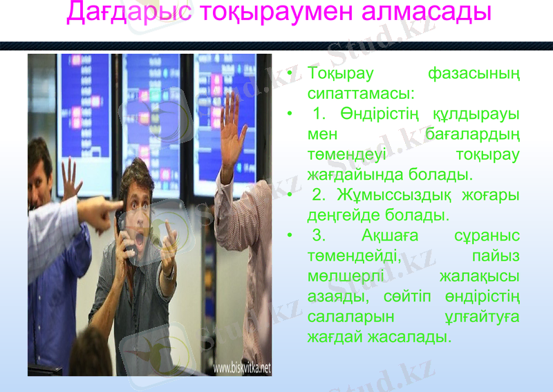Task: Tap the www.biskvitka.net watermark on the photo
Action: pos(241,368)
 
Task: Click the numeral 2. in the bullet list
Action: pos(319,195)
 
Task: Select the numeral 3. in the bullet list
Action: pos(319,236)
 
